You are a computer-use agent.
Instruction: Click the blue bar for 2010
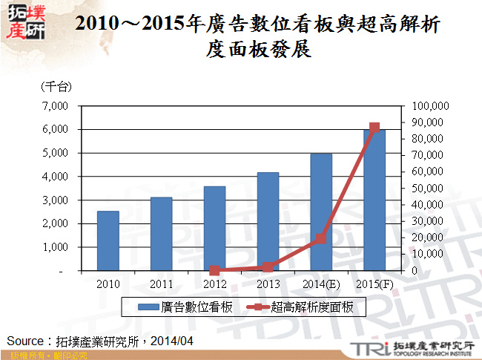click(108, 241)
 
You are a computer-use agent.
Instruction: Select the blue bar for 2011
click(161, 234)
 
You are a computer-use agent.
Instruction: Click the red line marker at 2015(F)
click(374, 128)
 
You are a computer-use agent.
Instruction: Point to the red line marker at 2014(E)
click(321, 238)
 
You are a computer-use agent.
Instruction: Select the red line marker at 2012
click(214, 270)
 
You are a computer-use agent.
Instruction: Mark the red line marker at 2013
click(268, 267)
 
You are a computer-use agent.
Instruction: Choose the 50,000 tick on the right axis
click(426, 189)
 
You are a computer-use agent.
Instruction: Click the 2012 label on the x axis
click(214, 284)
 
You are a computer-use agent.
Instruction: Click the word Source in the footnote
click(26, 341)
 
